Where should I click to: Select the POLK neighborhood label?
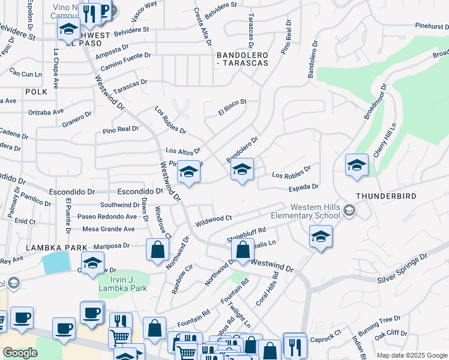[36, 92]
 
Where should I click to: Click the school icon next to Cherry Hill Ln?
[357, 166]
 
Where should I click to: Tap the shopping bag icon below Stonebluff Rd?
[243, 251]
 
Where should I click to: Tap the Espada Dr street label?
[303, 188]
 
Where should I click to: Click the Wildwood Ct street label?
[213, 220]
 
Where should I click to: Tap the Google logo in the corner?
[20, 353]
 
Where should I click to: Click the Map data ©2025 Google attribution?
[411, 355]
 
